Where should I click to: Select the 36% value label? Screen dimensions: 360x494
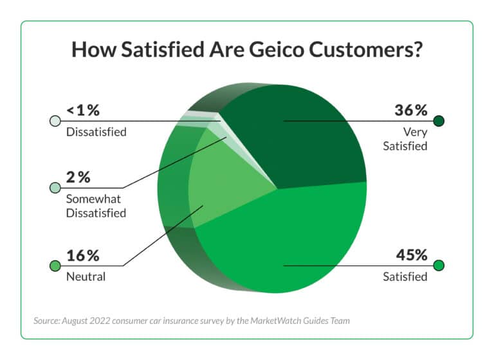pyautogui.click(x=411, y=110)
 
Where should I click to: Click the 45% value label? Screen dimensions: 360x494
pyautogui.click(x=411, y=255)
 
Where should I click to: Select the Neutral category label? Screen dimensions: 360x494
pyautogui.click(x=85, y=277)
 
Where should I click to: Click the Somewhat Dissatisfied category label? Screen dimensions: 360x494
pyautogui.click(x=96, y=206)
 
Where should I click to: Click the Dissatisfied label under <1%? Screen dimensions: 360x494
pyautogui.click(x=96, y=132)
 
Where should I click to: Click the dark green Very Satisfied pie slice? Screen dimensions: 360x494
pyautogui.click(x=302, y=138)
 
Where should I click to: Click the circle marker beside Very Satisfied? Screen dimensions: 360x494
pyautogui.click(x=440, y=120)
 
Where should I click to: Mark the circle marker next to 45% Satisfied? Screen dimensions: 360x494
pyautogui.click(x=440, y=265)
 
